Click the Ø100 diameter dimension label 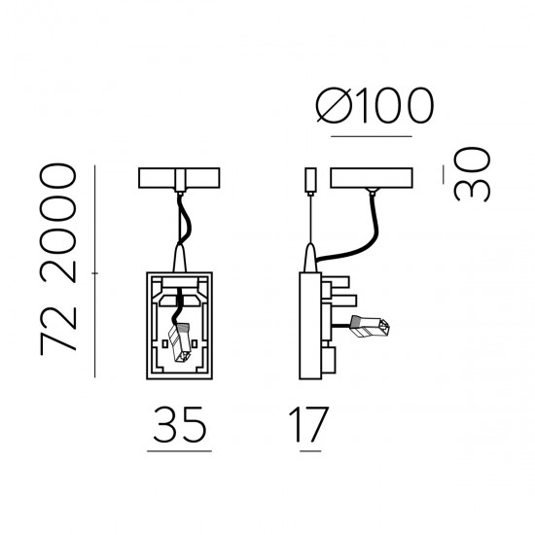(x=374, y=108)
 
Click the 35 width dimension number (x=179, y=424)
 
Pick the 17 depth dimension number (x=307, y=424)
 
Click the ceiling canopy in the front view (x=181, y=179)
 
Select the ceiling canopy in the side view (x=374, y=179)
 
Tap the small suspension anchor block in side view (x=310, y=179)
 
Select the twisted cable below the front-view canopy (x=180, y=219)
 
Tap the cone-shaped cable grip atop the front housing (x=180, y=258)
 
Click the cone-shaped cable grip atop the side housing (x=309, y=258)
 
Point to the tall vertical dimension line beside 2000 (x=95, y=272)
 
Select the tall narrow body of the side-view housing (x=309, y=321)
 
